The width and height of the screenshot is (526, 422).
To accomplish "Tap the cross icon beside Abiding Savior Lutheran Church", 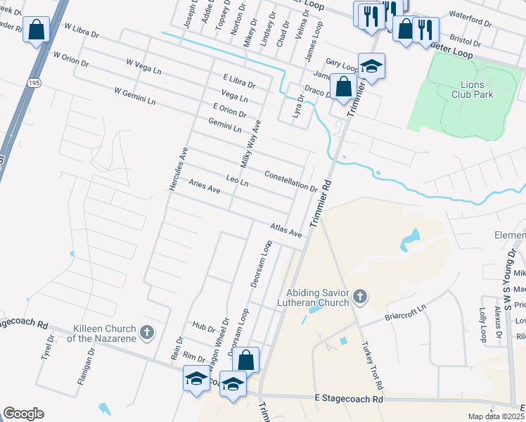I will [x=360, y=296].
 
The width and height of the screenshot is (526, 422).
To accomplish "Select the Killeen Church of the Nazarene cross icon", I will [x=146, y=331].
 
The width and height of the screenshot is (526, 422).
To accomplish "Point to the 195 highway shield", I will [x=34, y=83].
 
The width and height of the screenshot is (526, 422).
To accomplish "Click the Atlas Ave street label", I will [x=286, y=230].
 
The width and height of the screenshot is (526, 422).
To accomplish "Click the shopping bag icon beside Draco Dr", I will [x=344, y=88].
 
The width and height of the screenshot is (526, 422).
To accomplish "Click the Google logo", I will [x=23, y=413].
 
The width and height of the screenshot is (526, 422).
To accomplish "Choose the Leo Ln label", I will [x=238, y=181].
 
